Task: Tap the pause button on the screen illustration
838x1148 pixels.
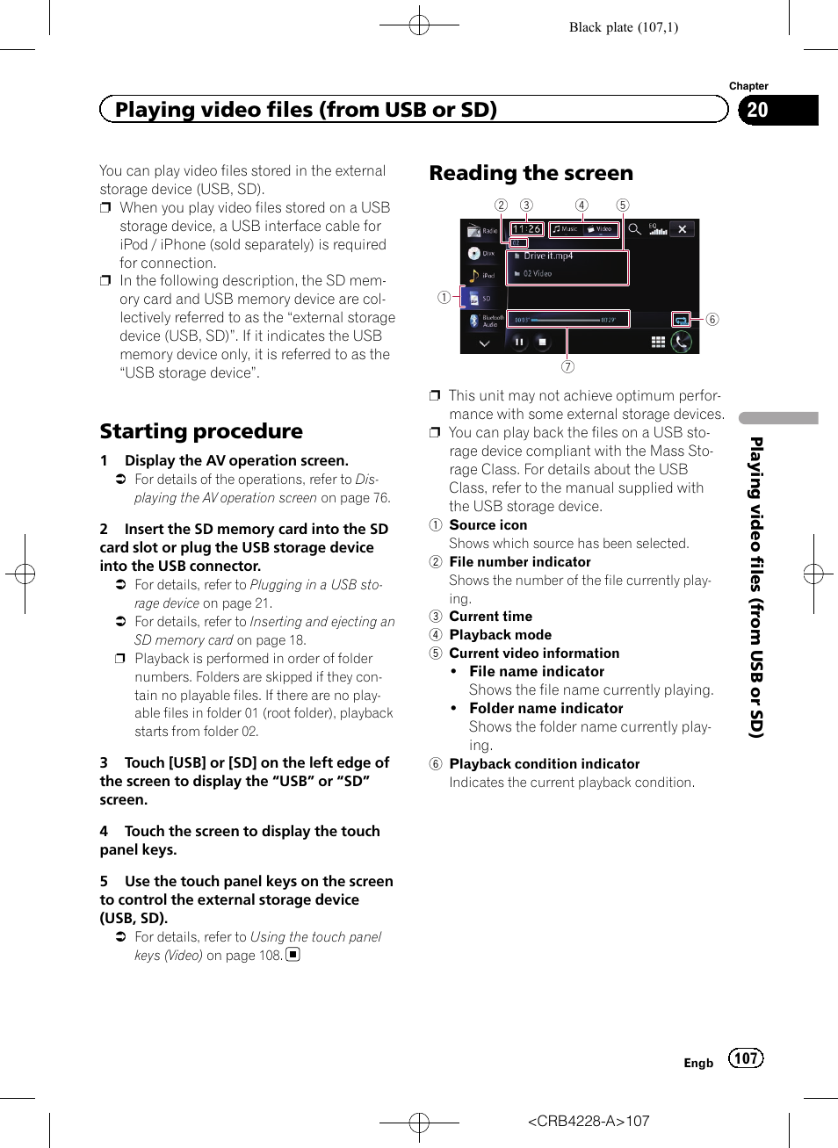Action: [519, 343]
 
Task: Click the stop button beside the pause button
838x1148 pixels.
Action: [542, 343]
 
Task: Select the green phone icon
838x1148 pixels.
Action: [682, 342]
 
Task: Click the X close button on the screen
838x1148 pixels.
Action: [683, 229]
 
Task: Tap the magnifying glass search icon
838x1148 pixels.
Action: [634, 229]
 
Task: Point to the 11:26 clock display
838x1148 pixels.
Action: [527, 229]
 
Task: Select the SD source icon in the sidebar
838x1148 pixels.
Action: [480, 299]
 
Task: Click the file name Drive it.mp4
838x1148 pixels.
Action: [548, 256]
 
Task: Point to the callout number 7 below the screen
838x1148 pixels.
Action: [568, 366]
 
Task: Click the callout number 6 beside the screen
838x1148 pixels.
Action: [712, 320]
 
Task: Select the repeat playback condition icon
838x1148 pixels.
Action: [681, 320]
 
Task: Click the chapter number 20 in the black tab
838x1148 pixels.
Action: [757, 110]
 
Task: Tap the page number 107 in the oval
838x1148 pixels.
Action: [746, 1058]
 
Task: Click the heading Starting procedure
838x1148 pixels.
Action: [201, 431]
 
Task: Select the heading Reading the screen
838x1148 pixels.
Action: [531, 173]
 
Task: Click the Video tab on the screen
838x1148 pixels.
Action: [602, 229]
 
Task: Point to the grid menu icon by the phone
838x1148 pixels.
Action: [658, 342]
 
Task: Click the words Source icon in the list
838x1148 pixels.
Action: [488, 525]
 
